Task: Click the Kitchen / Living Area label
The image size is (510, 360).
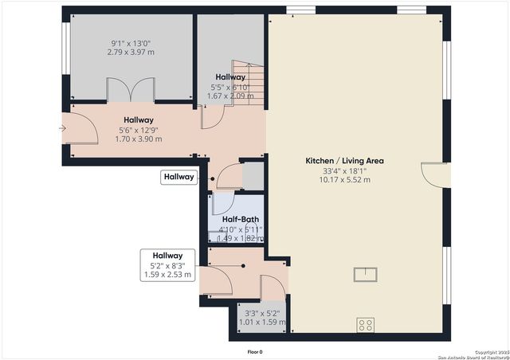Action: click(x=345, y=160)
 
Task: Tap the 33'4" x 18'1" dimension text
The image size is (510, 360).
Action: click(x=345, y=170)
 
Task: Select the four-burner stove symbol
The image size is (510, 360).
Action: click(x=366, y=324)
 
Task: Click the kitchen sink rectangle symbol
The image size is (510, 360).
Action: click(x=367, y=275)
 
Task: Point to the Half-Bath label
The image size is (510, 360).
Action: click(x=240, y=220)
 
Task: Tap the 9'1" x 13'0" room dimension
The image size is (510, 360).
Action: click(x=131, y=42)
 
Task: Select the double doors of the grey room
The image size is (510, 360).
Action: click(x=125, y=90)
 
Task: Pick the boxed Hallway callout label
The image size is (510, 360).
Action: click(x=179, y=178)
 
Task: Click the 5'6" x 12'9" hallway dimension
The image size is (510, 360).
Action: click(x=139, y=129)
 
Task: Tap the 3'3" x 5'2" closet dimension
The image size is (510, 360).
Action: click(x=263, y=314)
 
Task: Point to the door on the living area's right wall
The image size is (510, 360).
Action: click(x=434, y=174)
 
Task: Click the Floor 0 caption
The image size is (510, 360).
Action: click(x=255, y=351)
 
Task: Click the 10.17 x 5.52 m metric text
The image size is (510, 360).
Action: click(x=345, y=179)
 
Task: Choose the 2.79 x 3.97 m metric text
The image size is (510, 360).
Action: click(x=131, y=52)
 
